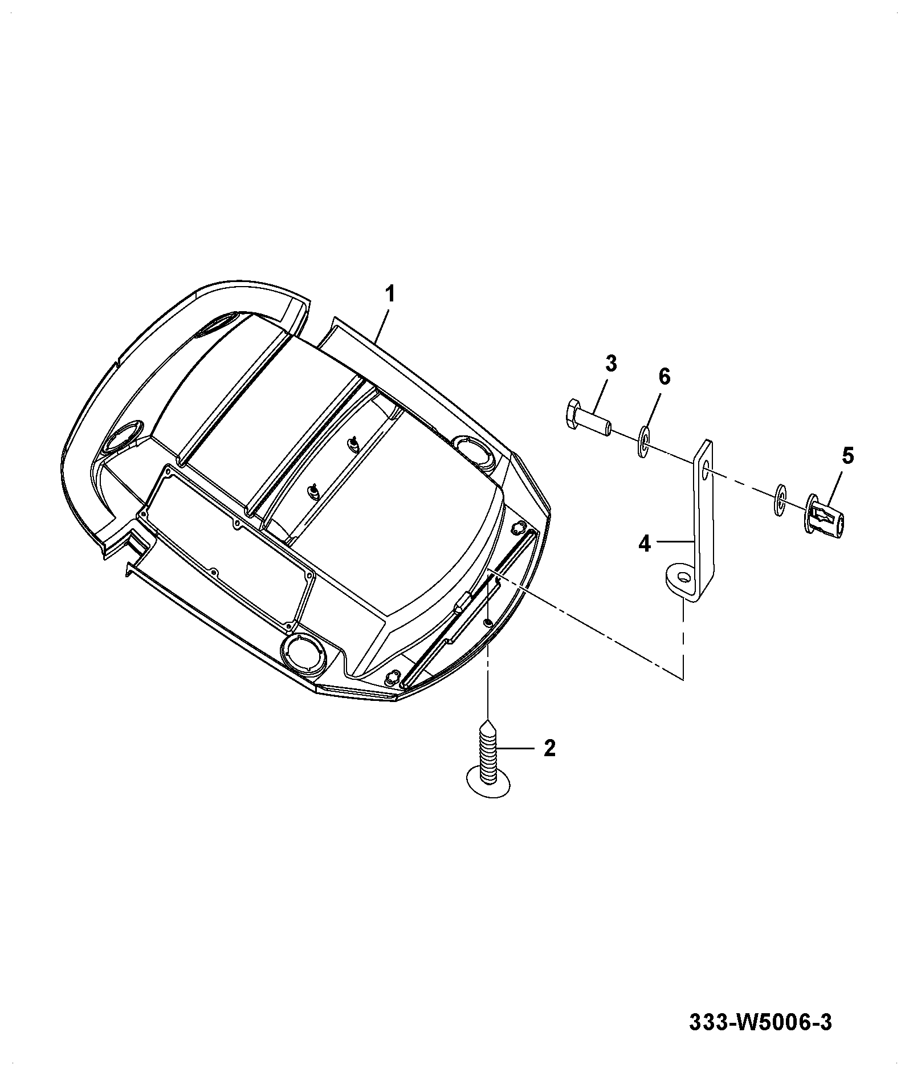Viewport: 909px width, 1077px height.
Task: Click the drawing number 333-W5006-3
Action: pos(760,1022)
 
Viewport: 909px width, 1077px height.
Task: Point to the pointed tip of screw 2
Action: pos(488,720)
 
